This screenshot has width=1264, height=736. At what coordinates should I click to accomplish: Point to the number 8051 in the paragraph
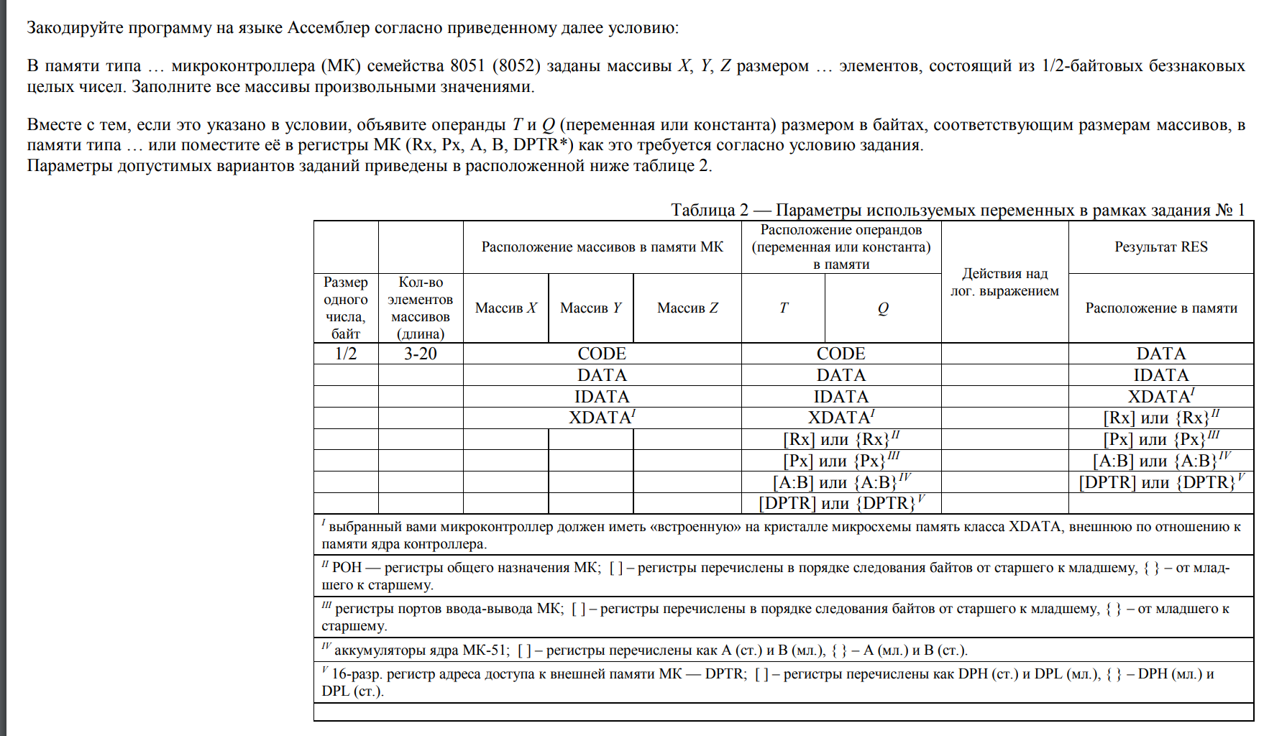[x=467, y=66]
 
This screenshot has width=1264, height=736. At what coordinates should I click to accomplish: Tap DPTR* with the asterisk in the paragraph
[x=543, y=145]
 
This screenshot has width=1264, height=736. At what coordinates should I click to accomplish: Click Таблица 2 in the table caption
[x=709, y=210]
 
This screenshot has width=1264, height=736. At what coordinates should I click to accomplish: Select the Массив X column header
[x=505, y=308]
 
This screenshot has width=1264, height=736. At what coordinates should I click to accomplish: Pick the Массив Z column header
[x=687, y=308]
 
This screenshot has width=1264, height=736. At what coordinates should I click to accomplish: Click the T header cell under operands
[x=783, y=308]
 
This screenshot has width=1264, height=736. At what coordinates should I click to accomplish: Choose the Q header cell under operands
[x=883, y=308]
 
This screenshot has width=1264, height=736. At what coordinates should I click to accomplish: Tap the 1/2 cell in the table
[x=346, y=354]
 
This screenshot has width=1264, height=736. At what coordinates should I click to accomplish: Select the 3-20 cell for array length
[x=421, y=354]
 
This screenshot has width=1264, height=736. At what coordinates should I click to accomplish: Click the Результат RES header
[x=1160, y=247]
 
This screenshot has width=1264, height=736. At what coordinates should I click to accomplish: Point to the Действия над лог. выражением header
[x=1004, y=282]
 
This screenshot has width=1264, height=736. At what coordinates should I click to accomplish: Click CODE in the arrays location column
[x=602, y=354]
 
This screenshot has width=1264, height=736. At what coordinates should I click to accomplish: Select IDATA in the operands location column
[x=841, y=397]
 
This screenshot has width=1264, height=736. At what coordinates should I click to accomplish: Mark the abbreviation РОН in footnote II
[x=347, y=568]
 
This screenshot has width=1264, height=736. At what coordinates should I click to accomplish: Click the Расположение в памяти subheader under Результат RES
[x=1160, y=308]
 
